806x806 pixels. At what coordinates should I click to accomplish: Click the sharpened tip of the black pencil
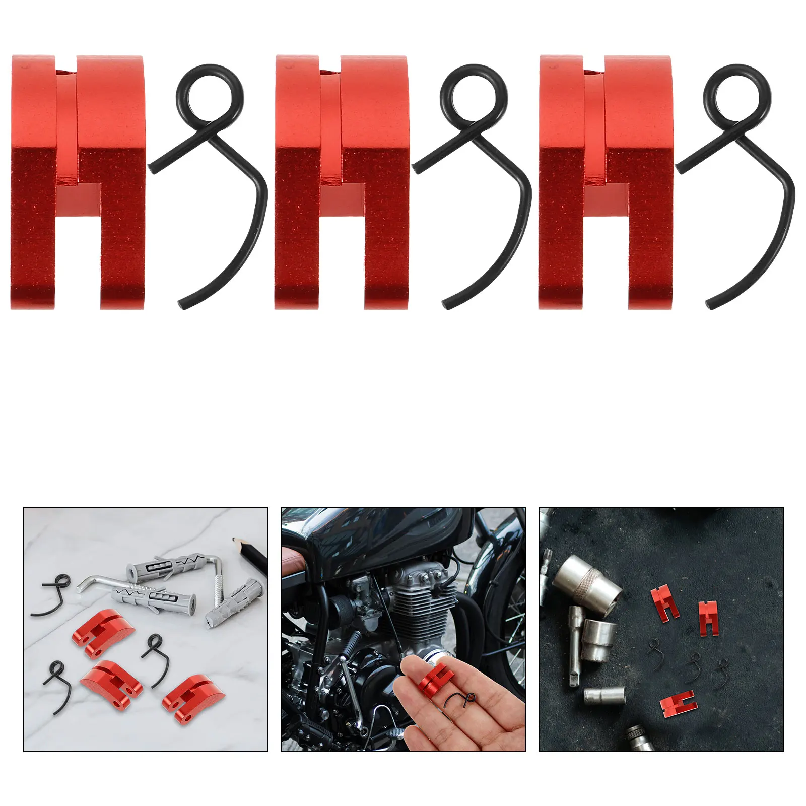point(235,540)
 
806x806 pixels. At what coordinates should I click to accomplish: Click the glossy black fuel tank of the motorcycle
point(383,539)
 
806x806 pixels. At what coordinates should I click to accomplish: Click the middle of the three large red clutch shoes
point(342,181)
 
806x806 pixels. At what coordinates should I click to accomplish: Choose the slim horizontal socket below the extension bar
point(604,696)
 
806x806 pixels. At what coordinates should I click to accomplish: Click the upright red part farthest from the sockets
point(708,618)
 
